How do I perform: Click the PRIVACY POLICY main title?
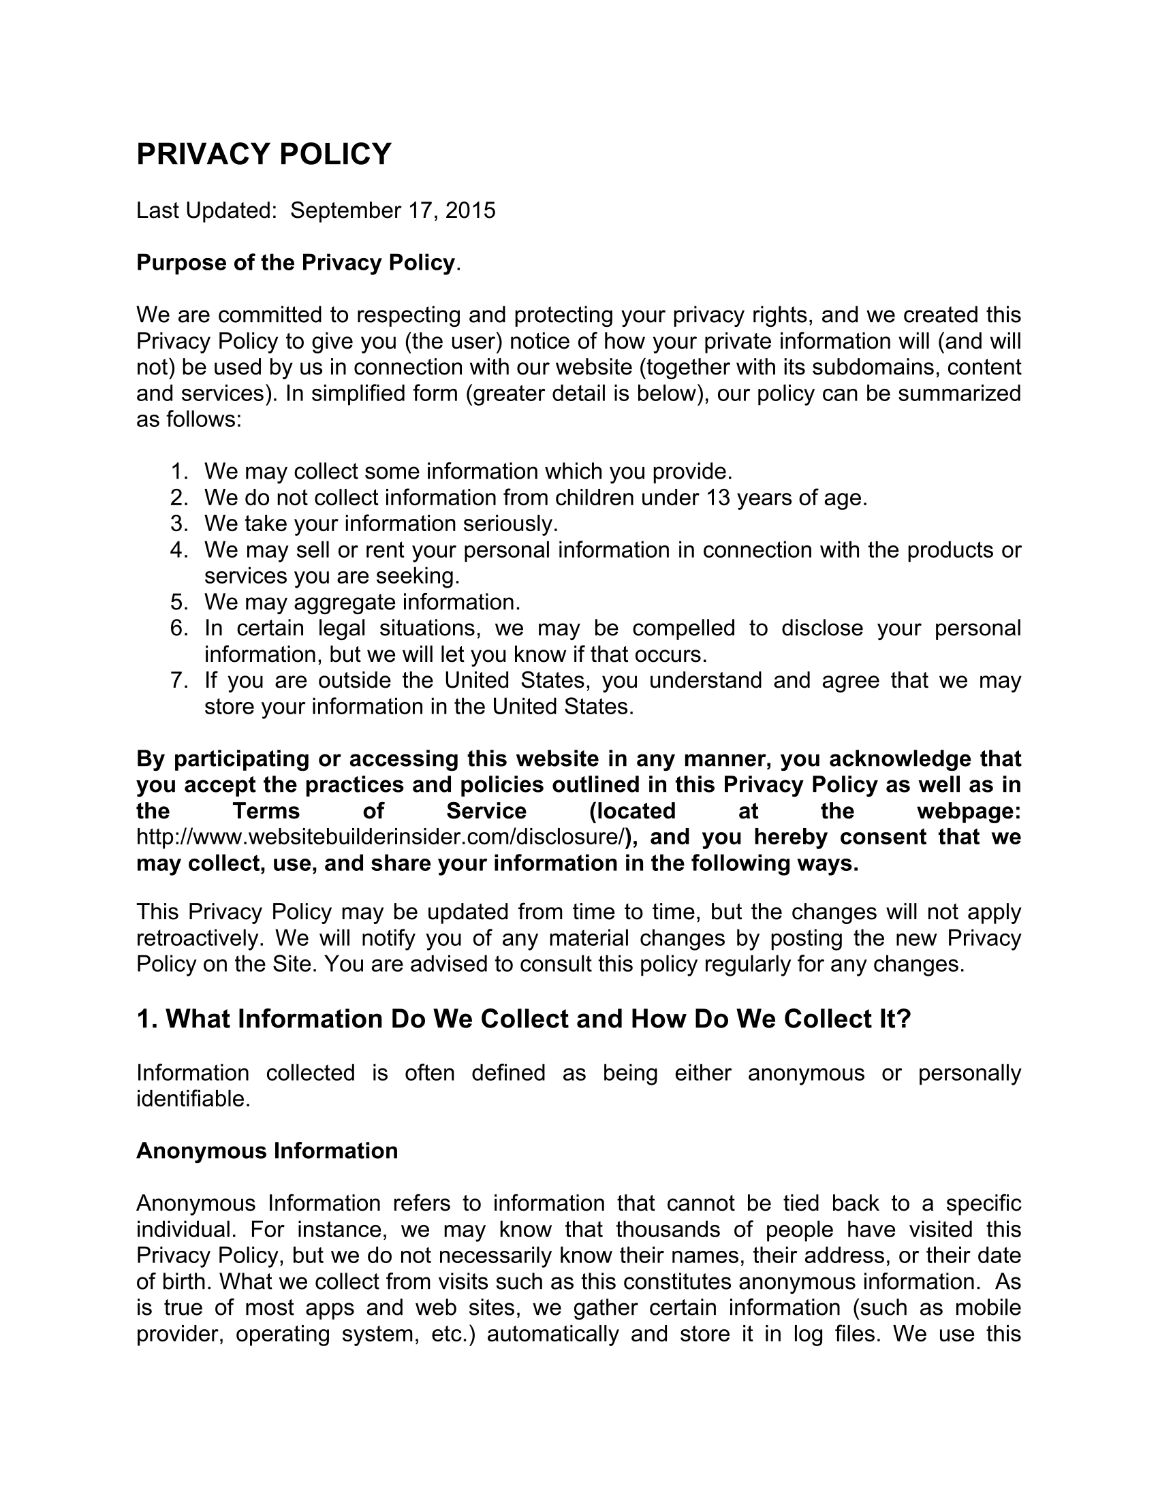[x=264, y=154]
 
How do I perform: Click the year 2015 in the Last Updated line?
[x=470, y=210]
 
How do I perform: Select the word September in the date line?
[x=345, y=210]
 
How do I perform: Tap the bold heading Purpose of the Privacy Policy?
[x=296, y=262]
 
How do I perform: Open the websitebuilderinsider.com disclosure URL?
[x=381, y=837]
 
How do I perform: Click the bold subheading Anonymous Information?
[x=267, y=1150]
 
